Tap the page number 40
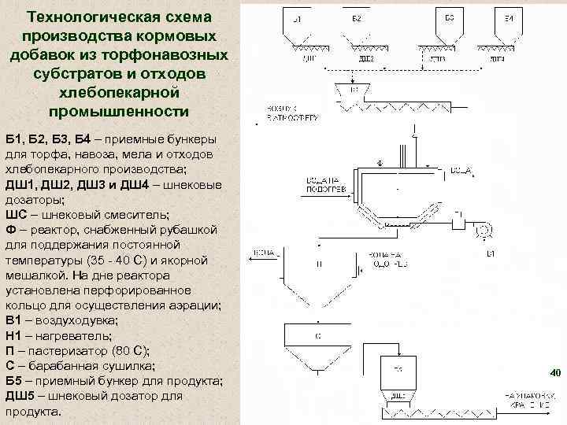[x=553, y=371]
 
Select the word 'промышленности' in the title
[x=118, y=111]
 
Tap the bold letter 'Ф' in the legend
[x=10, y=229]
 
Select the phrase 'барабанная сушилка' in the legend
[x=79, y=367]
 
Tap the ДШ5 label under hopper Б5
[x=398, y=396]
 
